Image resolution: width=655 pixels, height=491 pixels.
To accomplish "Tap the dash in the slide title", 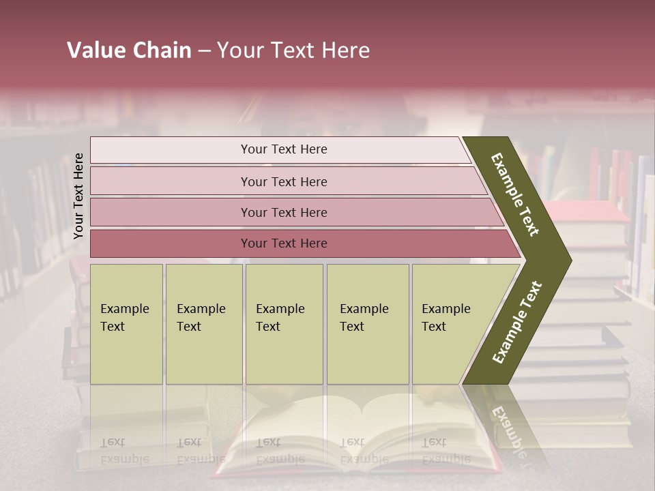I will (x=204, y=51).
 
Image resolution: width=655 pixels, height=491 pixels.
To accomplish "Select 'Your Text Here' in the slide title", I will (x=293, y=50).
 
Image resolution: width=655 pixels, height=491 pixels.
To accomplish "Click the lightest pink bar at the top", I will (x=280, y=149).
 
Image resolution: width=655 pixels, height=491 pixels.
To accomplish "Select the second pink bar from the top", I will (x=283, y=181).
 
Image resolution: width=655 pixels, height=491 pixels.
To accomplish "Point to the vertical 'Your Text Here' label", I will (x=78, y=196).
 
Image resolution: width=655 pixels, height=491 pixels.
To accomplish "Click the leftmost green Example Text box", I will (x=126, y=324).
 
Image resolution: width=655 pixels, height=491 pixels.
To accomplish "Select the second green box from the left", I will (x=204, y=324).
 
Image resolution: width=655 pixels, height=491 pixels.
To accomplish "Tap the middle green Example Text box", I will (x=284, y=324).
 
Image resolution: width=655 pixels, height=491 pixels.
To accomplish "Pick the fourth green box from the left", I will (x=368, y=324).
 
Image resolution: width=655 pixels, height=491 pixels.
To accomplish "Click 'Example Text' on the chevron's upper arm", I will (x=516, y=194).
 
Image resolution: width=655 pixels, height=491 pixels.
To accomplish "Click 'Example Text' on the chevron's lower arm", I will (x=516, y=323).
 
